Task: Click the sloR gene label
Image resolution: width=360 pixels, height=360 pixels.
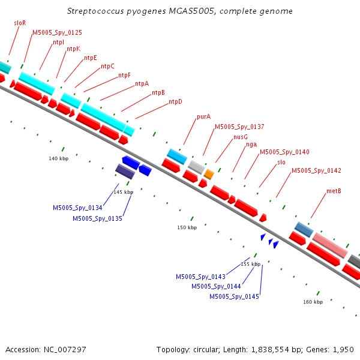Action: point(20,23)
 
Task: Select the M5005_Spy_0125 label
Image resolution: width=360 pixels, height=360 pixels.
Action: point(57,32)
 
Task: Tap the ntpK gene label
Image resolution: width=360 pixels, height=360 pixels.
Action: point(73,49)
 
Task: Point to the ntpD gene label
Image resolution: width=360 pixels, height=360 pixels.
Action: point(175,101)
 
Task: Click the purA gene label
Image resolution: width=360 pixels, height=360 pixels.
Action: point(203,116)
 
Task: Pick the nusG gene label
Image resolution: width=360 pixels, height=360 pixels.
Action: point(241,137)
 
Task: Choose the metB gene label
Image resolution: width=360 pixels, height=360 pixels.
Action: point(334,191)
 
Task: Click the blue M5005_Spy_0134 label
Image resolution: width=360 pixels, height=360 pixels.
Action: point(77,208)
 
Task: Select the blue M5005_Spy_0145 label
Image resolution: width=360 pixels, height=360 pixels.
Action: point(234,296)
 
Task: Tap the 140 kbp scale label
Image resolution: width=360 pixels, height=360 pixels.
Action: point(59,158)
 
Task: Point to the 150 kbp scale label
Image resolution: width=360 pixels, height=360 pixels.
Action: point(187,227)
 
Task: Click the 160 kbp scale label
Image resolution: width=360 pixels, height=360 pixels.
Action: point(313,302)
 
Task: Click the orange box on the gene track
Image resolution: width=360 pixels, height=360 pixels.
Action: point(209,175)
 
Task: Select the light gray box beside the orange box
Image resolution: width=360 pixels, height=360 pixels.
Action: point(196,167)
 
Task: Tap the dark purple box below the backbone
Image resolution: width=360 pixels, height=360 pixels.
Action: point(125,171)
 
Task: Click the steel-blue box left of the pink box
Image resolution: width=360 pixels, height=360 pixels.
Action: point(304,230)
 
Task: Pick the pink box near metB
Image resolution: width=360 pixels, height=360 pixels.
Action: point(330,245)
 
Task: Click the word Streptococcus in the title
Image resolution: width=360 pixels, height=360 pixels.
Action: point(95,11)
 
